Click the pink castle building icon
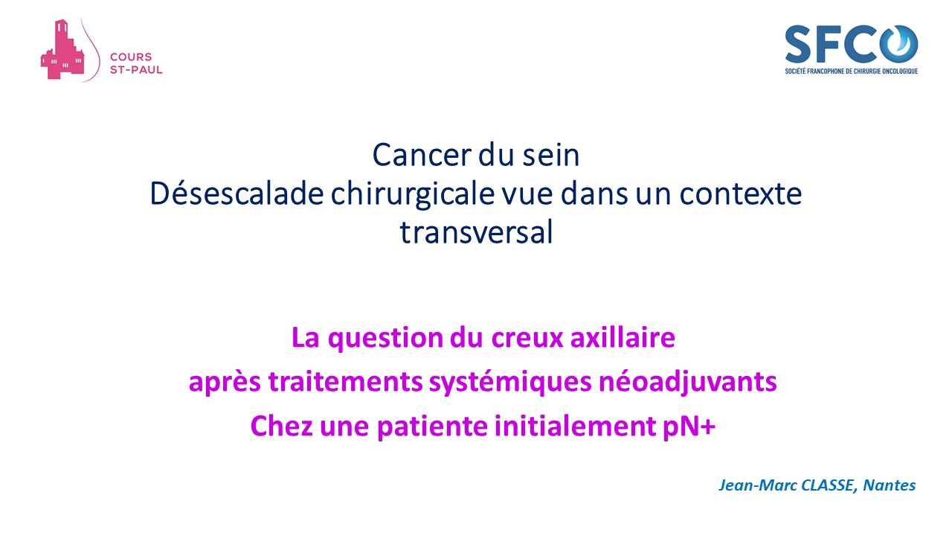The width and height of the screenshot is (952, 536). click(62, 50)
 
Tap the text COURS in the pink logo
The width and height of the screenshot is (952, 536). click(131, 57)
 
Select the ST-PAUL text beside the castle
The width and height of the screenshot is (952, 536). click(136, 70)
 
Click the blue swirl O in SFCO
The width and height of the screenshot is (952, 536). click(898, 43)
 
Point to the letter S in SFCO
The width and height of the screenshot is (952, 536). click(798, 44)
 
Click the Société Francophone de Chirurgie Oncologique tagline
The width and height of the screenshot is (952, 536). click(852, 71)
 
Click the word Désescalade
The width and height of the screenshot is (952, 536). click(237, 194)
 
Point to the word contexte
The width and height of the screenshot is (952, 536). click(741, 194)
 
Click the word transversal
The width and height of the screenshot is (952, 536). click(477, 232)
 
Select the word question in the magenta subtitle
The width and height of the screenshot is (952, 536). click(385, 339)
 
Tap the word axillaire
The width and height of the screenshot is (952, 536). click(623, 338)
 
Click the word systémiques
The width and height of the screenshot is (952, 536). click(510, 383)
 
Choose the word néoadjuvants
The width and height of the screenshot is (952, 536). click(688, 383)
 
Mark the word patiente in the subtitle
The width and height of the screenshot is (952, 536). click(432, 427)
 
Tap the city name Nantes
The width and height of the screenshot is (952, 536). click(889, 485)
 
